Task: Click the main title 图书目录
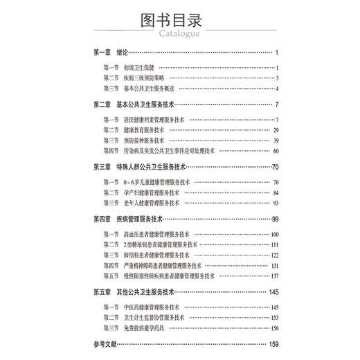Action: coord(179,16)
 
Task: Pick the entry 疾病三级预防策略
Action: coord(144,78)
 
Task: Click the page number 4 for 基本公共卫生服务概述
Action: coord(276,89)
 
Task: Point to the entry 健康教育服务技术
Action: coord(144,130)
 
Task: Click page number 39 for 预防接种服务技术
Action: coord(275,141)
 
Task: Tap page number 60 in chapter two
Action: coord(275,151)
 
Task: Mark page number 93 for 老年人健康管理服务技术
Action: coord(275,203)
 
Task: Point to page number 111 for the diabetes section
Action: coord(274,244)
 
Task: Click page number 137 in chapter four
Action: coord(274,276)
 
